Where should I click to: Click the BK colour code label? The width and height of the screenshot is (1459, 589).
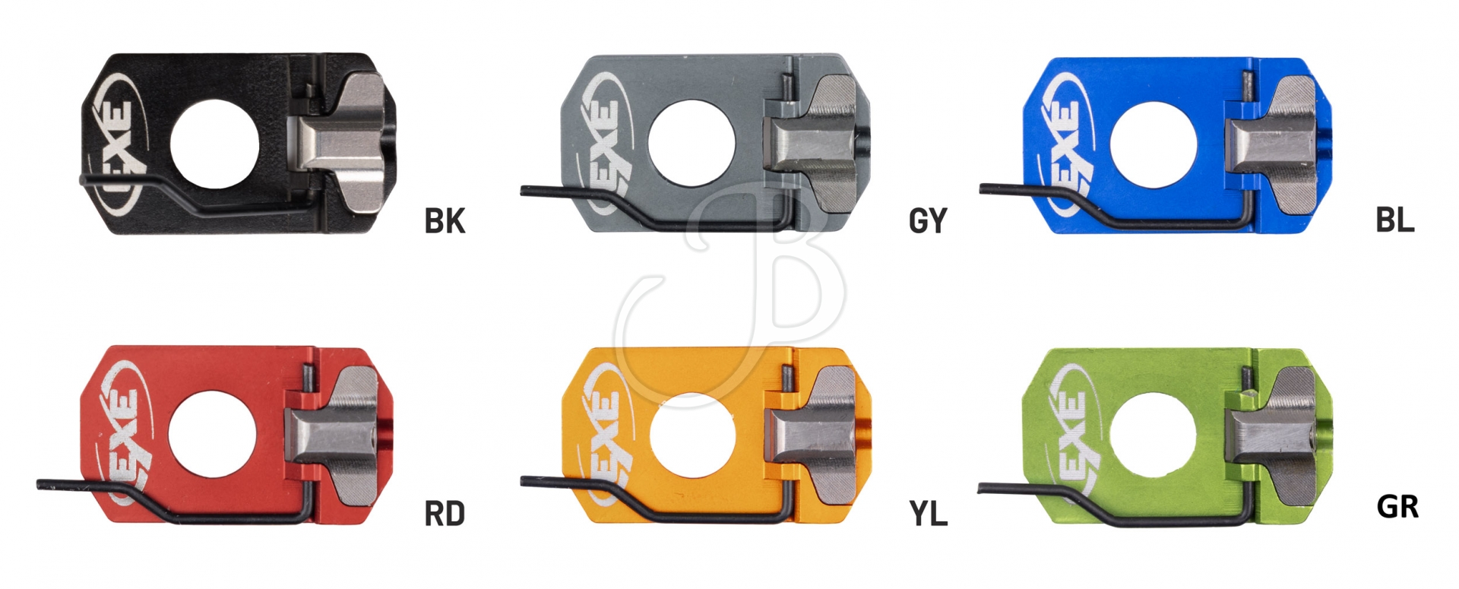click(445, 220)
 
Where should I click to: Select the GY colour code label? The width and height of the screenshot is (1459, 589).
click(928, 220)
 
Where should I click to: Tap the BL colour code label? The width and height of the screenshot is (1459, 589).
click(1395, 219)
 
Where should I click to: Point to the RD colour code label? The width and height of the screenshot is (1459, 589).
click(445, 514)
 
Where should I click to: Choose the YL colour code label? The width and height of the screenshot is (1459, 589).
click(929, 515)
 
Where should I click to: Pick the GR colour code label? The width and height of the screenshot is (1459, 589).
click(1397, 506)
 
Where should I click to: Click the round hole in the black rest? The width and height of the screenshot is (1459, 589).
click(214, 144)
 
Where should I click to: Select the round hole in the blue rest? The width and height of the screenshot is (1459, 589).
click(1154, 145)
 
